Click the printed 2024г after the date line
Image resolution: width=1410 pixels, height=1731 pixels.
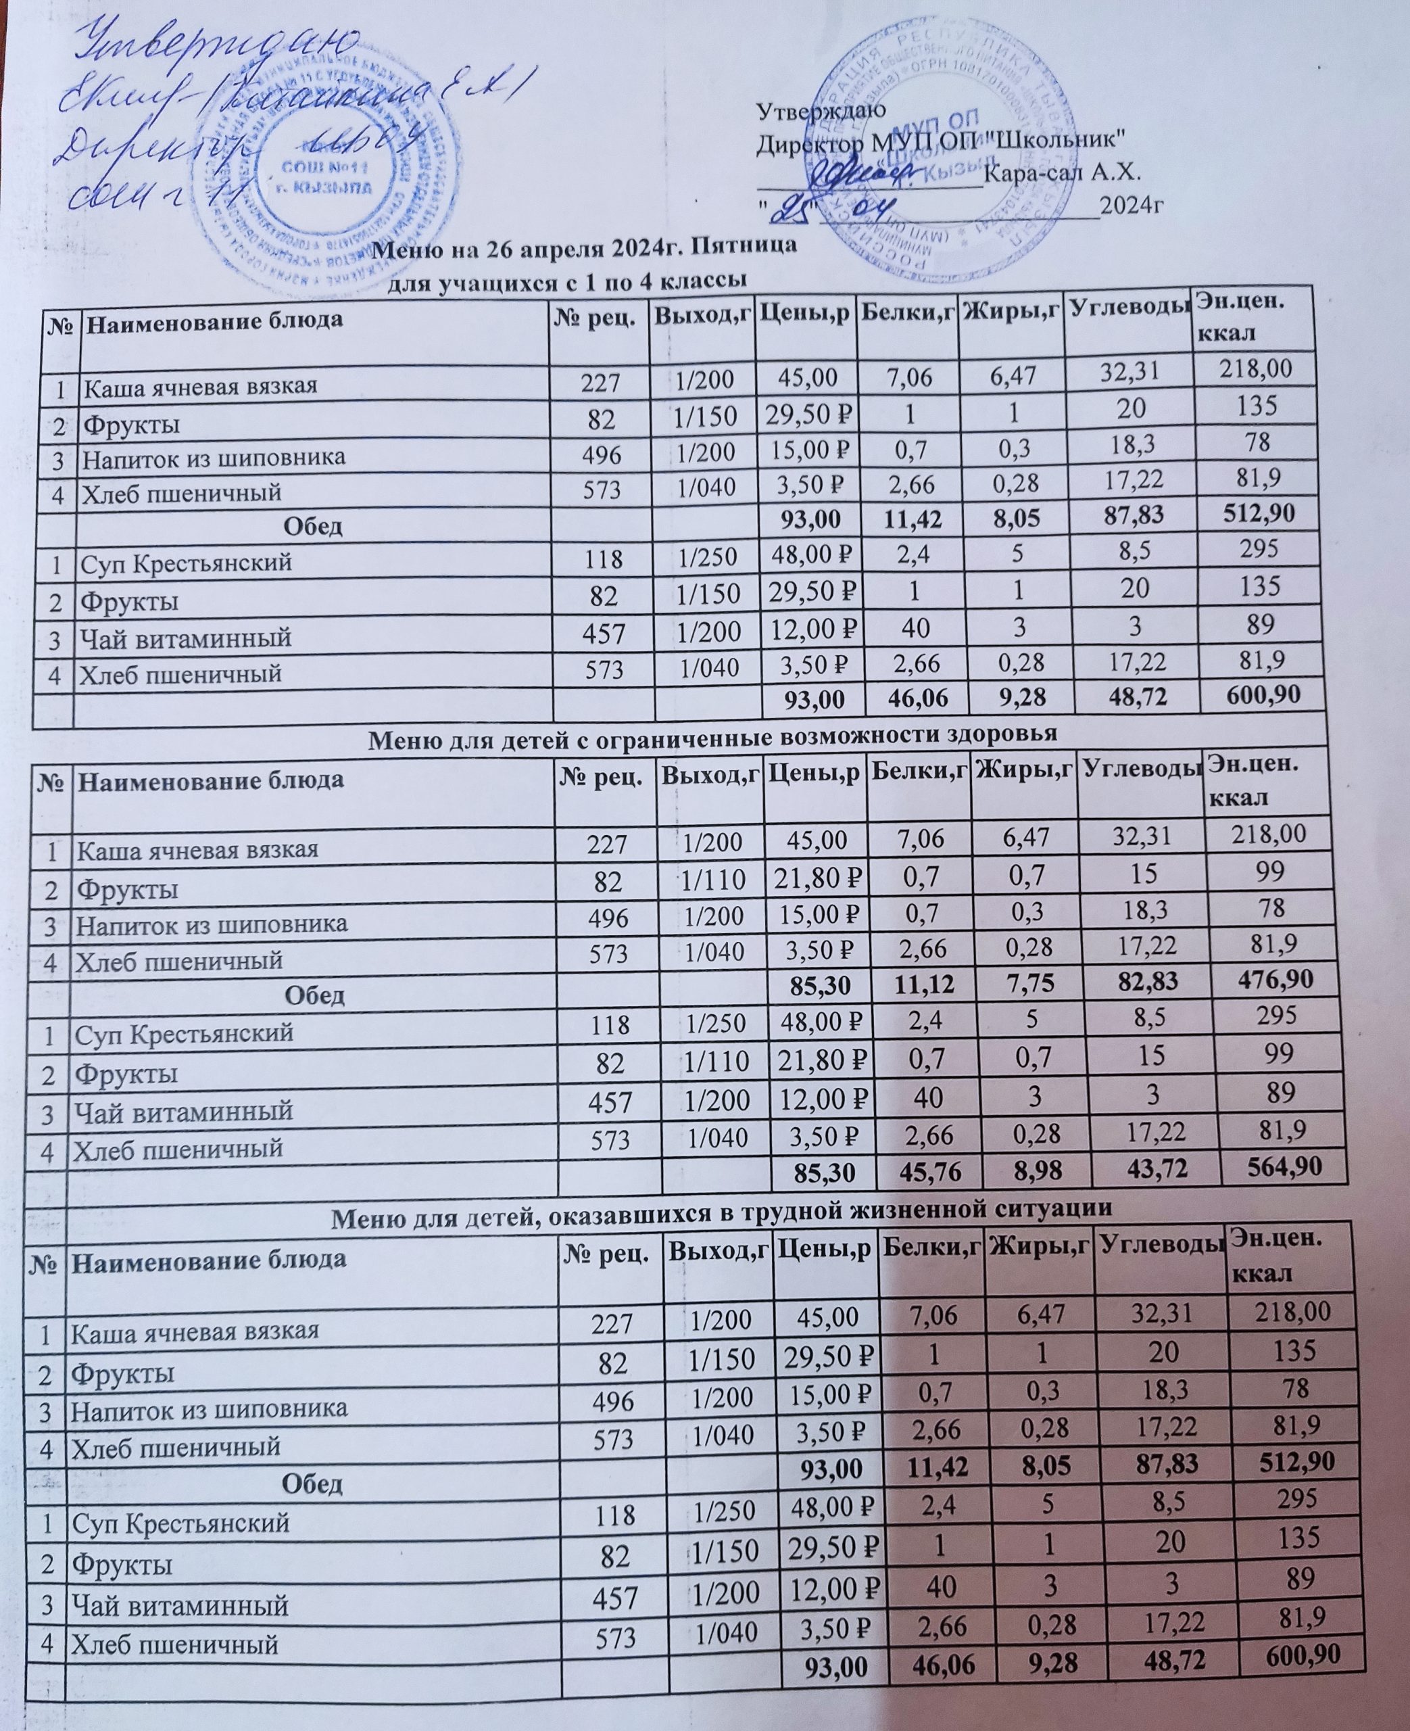[x=1132, y=206]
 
